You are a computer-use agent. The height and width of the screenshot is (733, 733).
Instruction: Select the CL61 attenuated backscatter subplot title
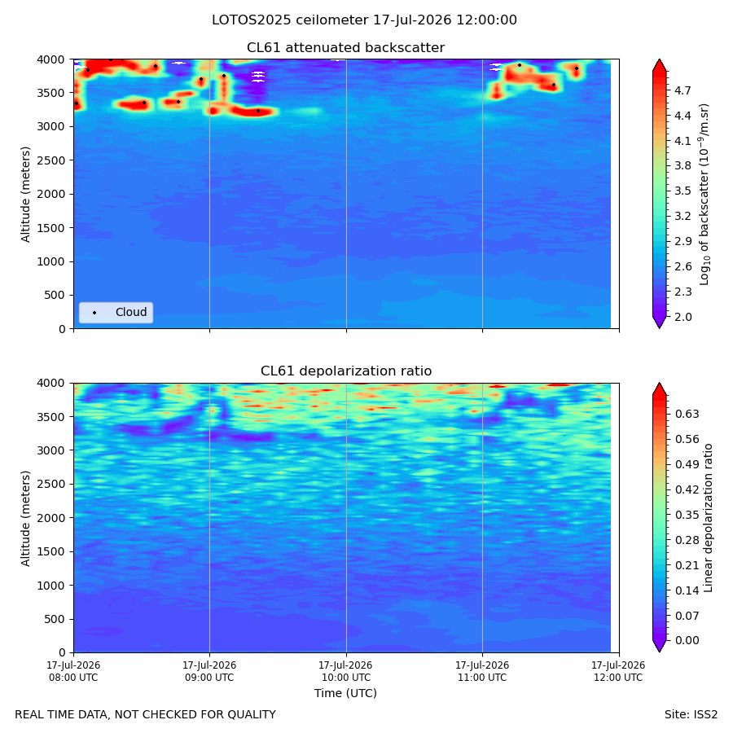coord(345,48)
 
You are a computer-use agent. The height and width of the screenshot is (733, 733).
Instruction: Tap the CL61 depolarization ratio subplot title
coord(346,371)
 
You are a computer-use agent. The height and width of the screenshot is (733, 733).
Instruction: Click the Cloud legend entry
coord(116,312)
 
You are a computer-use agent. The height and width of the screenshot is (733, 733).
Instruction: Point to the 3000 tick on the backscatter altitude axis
coord(51,127)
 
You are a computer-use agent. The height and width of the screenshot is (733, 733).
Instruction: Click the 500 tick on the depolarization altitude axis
coord(55,620)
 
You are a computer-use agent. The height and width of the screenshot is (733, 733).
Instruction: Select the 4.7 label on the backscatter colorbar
coord(683,90)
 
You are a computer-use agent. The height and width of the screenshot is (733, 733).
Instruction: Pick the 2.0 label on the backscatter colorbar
coord(683,317)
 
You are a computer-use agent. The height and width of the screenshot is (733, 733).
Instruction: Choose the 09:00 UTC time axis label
coord(209,671)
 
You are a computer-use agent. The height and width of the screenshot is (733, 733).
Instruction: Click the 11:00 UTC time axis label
coord(482,671)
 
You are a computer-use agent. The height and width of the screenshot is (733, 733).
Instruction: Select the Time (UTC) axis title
coord(345,693)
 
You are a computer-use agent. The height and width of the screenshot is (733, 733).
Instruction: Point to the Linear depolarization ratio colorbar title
coord(708,518)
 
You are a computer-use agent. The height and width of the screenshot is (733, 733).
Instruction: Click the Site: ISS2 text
coord(691,715)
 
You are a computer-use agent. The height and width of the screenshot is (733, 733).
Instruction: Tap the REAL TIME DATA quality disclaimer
coord(146,715)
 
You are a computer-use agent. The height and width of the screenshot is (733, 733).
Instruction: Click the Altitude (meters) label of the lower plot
coord(25,518)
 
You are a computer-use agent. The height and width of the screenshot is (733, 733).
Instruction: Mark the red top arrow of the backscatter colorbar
coord(659,65)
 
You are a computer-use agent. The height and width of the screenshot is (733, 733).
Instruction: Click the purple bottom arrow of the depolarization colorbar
coord(659,646)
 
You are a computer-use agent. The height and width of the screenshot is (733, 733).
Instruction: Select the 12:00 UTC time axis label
coord(618,671)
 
